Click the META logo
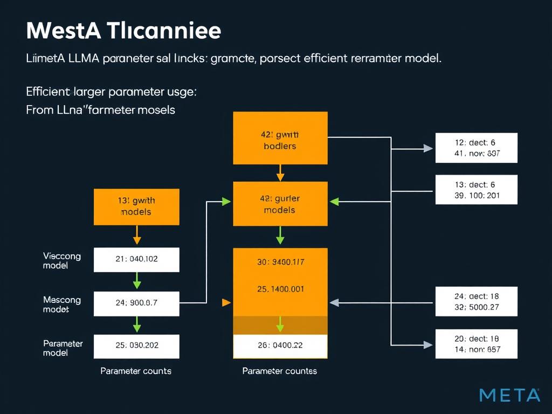509,395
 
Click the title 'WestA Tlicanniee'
123,31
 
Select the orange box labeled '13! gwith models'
136,206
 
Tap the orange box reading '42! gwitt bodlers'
280,138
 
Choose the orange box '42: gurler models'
280,204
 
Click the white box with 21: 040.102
136,259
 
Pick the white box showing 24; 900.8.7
136,303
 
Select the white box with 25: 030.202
136,346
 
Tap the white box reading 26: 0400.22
280,346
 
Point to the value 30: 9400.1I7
280,263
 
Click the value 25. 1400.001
280,289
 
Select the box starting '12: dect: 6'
475,148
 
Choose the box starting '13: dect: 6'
475,190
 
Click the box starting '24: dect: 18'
475,301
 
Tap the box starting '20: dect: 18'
475,343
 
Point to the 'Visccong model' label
61,261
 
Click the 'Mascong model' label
61,305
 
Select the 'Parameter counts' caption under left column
136,371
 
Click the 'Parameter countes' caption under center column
279,371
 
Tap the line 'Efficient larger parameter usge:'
111,92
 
